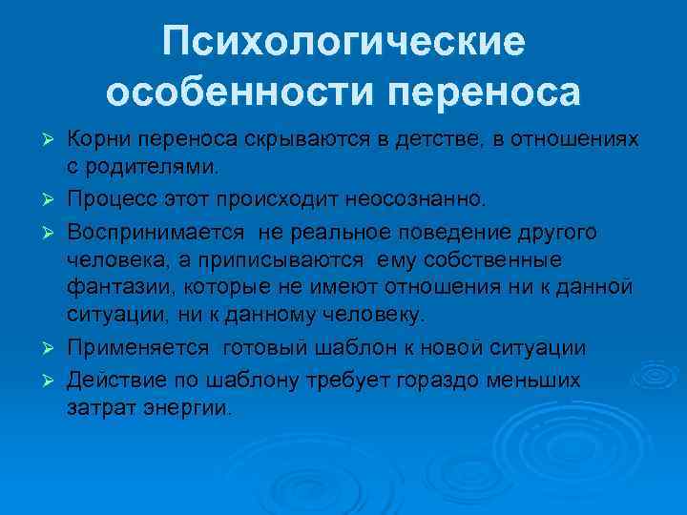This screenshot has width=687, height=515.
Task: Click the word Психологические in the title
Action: coord(343,43)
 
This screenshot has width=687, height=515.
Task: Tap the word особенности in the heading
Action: coord(226,93)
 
